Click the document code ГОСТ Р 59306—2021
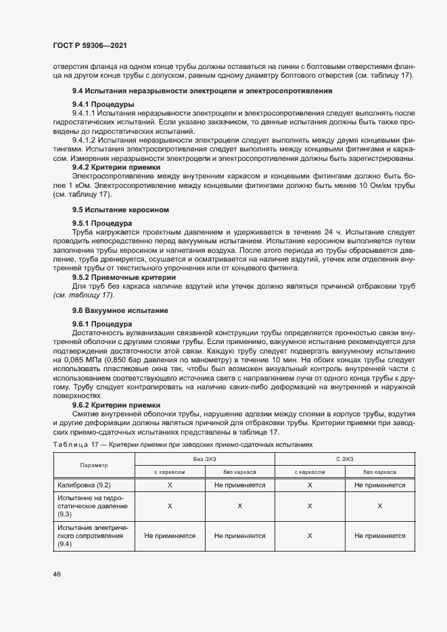pos(89,45)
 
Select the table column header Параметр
pos(94,466)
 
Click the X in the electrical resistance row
pos(309,535)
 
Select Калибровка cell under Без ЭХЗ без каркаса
pos(239,485)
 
